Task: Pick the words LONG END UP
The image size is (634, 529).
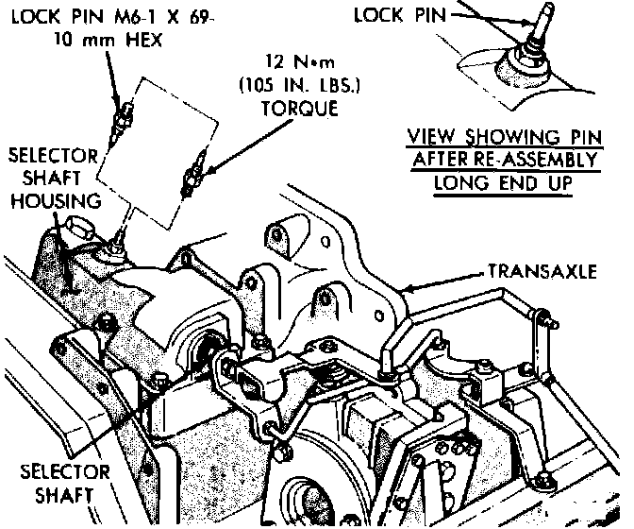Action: point(504,182)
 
